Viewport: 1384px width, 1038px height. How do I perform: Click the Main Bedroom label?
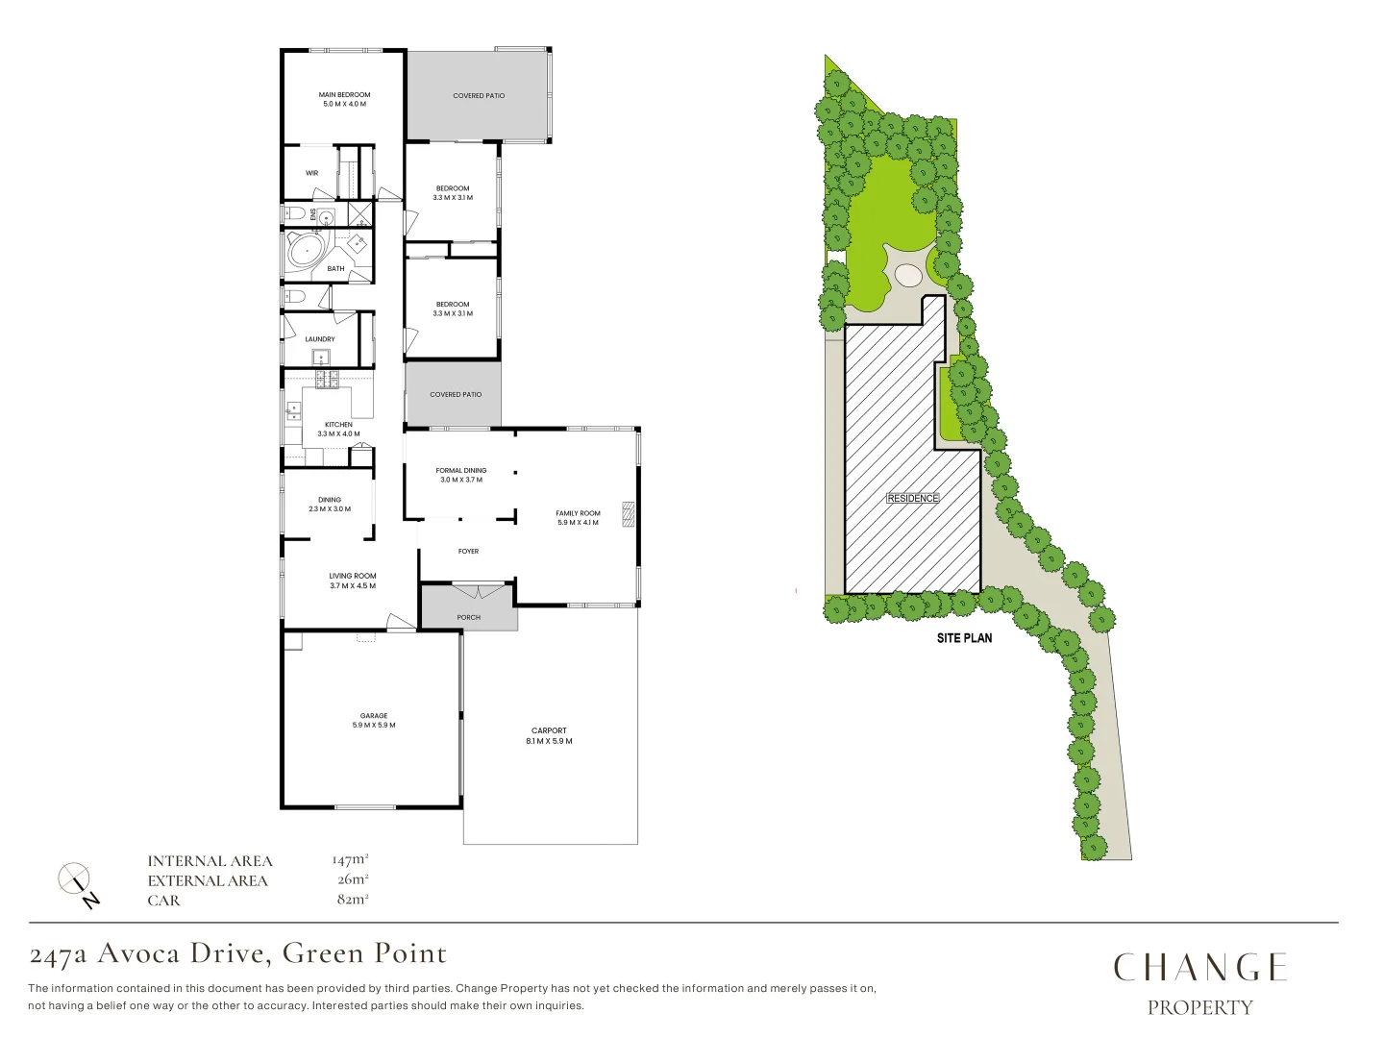point(344,99)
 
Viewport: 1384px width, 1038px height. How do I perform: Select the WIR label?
point(311,173)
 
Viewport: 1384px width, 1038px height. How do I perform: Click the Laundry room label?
point(320,339)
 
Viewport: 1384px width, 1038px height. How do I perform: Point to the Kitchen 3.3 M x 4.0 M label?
point(338,429)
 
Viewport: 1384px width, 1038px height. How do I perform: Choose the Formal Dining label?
point(461,475)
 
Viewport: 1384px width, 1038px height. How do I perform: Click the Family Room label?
point(578,517)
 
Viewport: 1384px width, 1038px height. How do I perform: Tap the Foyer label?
point(468,552)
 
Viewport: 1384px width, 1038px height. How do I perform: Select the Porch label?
point(468,617)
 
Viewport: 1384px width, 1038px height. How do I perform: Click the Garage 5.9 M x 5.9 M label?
point(374,720)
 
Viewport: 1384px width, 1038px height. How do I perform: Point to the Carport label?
point(549,735)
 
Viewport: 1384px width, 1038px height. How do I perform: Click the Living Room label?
point(353,581)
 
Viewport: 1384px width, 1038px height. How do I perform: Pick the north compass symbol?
point(76,881)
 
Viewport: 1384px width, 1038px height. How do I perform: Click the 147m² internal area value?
point(350,860)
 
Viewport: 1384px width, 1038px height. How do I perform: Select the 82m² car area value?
point(352,900)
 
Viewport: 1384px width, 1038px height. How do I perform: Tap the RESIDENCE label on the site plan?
point(912,498)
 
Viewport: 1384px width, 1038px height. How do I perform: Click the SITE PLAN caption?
point(964,637)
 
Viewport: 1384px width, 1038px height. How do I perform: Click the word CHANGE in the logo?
point(1199,968)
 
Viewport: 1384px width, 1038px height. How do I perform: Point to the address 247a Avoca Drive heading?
point(238,953)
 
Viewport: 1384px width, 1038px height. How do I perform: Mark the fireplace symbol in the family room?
point(629,514)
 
